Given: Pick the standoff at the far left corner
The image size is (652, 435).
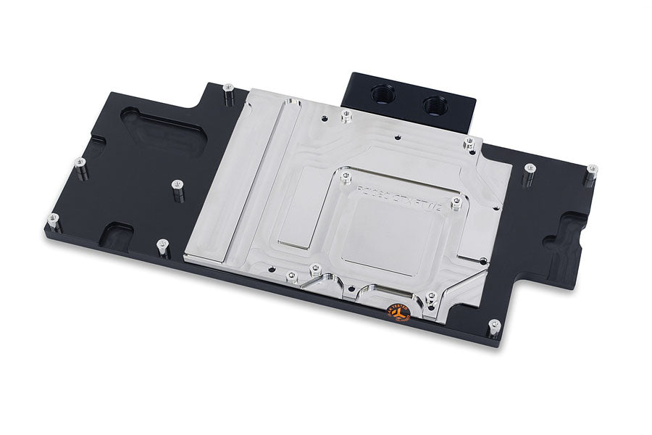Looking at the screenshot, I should coord(51,219).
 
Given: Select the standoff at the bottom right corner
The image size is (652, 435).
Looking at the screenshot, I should coord(494,327).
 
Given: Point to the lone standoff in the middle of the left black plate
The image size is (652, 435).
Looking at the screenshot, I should coord(177,187).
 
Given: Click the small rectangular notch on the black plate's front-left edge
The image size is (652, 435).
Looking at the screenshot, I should coord(117,234).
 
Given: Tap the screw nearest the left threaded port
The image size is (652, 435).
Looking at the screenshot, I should coord(346,115).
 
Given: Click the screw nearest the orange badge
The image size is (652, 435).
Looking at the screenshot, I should coord(431,297).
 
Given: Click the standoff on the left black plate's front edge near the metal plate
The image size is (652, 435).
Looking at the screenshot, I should coord(163,246).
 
